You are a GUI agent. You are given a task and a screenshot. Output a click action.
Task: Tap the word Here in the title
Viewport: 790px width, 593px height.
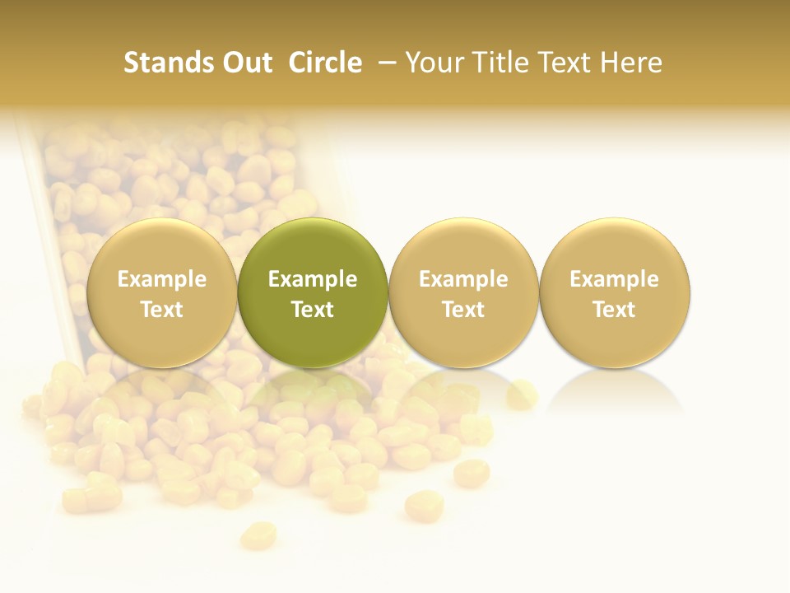(631, 63)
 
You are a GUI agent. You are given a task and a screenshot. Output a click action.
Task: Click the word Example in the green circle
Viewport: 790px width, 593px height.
(313, 279)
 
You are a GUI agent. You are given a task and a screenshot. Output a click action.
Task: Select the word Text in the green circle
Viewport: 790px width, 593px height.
(313, 310)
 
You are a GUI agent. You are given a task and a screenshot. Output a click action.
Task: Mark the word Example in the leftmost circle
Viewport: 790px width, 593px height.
(162, 279)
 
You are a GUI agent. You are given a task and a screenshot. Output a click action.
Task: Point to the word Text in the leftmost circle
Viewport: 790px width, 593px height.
(162, 310)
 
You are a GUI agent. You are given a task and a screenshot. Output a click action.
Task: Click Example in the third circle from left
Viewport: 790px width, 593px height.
(463, 279)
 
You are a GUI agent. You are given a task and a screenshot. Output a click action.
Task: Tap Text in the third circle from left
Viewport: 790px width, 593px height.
(463, 310)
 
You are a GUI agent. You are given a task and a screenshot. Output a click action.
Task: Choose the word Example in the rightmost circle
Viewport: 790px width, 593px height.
(615, 279)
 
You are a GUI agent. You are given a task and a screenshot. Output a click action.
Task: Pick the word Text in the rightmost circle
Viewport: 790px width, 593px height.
(615, 310)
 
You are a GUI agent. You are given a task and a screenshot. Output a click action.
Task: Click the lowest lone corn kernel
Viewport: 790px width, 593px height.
(258, 535)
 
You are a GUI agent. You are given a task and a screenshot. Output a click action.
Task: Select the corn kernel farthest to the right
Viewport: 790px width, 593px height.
(522, 395)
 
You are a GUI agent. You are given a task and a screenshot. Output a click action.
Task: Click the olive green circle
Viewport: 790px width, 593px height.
(313, 247)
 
